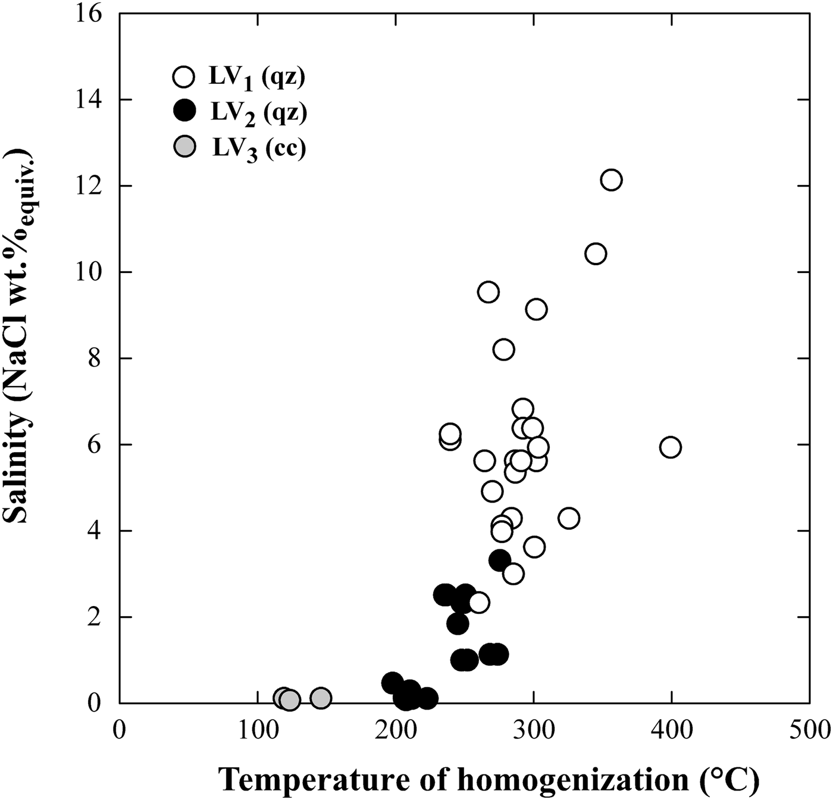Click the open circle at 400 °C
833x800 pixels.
(x=671, y=447)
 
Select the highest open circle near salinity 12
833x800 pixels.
(x=611, y=180)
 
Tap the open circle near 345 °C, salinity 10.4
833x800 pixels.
(x=596, y=254)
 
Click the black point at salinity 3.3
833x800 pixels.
(x=500, y=560)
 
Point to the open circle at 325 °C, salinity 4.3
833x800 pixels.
(x=569, y=518)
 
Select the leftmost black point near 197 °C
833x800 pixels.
(x=392, y=683)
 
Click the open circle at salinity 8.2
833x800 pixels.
(x=503, y=349)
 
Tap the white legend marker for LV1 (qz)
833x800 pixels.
(x=183, y=77)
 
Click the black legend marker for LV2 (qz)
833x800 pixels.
(x=183, y=111)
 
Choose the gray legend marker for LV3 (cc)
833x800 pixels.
(x=186, y=148)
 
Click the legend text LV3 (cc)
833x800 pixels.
(x=259, y=149)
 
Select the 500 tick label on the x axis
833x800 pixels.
(x=809, y=730)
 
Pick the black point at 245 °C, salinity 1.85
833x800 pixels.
(x=458, y=623)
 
